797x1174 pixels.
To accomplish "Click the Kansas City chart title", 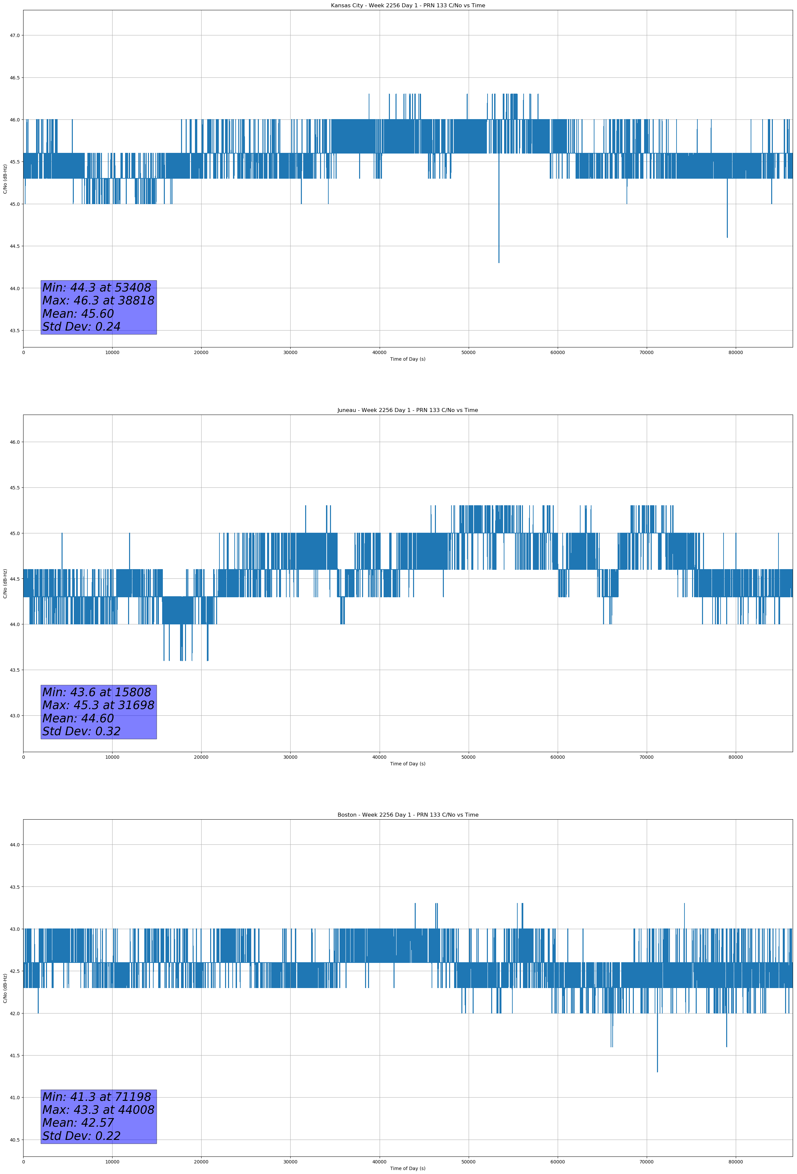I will pos(407,6).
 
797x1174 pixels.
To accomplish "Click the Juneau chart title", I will pos(407,410).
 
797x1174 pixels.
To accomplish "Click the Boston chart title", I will pos(407,815).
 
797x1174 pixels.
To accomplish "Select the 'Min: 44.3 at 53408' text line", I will pos(97,288).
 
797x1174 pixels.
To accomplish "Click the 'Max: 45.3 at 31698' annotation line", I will pos(98,705).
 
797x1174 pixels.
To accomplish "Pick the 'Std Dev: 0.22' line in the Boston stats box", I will pos(81,1136).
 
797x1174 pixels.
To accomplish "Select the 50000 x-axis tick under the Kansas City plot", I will pos(468,353).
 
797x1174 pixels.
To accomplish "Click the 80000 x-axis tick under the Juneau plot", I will pos(735,757).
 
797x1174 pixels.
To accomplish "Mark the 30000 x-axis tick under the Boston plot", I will pos(290,1162).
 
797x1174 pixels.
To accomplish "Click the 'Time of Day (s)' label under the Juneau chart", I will pos(407,764).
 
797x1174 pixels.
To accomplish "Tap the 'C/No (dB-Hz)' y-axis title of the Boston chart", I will pos(5,988).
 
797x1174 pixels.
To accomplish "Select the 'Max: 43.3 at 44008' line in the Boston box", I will pos(98,1110).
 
